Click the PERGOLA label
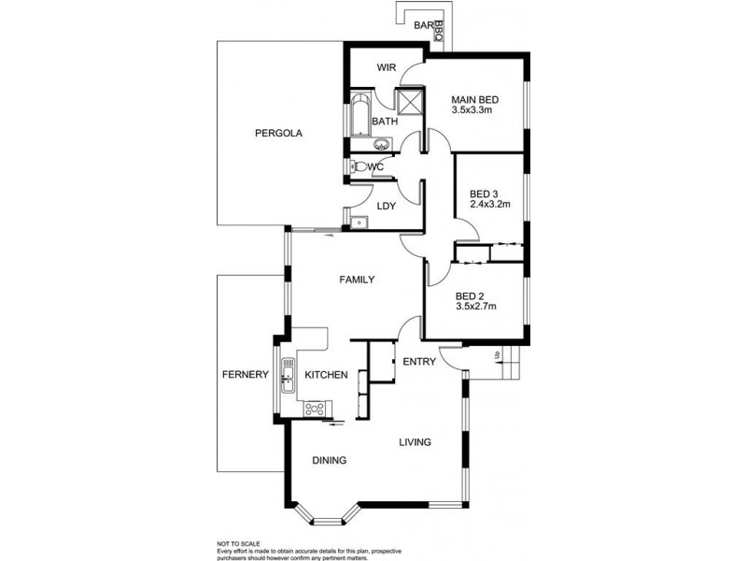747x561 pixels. [278, 133]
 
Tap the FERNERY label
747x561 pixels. [246, 375]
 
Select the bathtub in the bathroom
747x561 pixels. [360, 116]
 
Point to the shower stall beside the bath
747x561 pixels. [410, 101]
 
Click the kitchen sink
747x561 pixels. [287, 376]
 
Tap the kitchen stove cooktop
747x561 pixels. [315, 410]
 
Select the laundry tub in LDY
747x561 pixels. [359, 223]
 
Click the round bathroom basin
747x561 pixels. [381, 144]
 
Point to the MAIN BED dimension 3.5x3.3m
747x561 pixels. [472, 109]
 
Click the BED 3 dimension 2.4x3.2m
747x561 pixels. [489, 204]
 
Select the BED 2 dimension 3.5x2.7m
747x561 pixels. [476, 307]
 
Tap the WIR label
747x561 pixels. [387, 67]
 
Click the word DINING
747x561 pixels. [330, 460]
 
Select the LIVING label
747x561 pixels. [415, 442]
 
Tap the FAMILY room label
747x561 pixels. [357, 280]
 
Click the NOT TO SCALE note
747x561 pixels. [239, 544]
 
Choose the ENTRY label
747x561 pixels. [419, 362]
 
